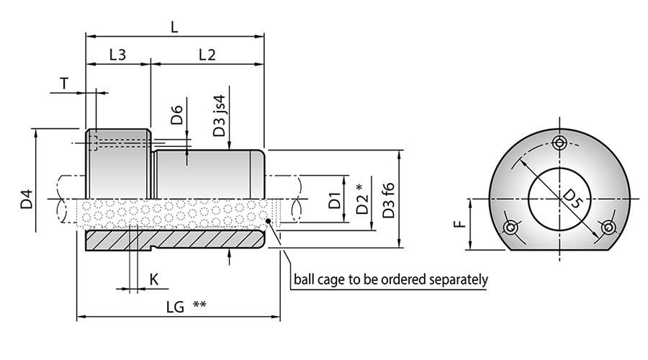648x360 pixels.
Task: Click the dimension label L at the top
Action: tap(174, 27)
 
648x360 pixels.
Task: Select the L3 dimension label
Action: tap(118, 54)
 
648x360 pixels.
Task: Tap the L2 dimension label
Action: tap(207, 54)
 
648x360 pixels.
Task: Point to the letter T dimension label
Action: tap(64, 84)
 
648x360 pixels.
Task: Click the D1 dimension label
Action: tap(334, 200)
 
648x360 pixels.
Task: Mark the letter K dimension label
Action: tap(153, 279)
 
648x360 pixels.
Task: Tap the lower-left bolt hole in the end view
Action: tap(510, 228)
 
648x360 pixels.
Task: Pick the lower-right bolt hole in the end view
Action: tap(609, 228)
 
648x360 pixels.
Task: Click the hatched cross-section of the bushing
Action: tap(173, 239)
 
